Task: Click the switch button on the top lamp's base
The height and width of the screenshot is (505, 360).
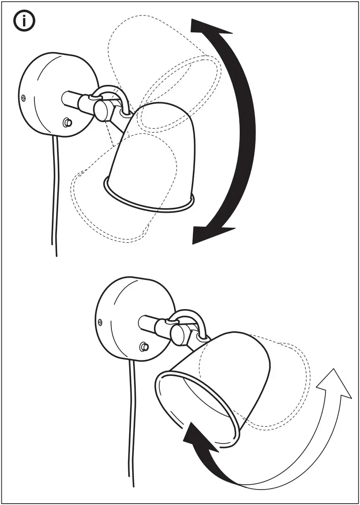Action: point(67,122)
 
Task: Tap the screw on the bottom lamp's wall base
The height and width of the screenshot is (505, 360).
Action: point(101,322)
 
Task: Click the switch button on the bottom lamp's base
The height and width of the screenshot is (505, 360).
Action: point(143,347)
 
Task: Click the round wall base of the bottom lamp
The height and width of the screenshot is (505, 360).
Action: point(126,318)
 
